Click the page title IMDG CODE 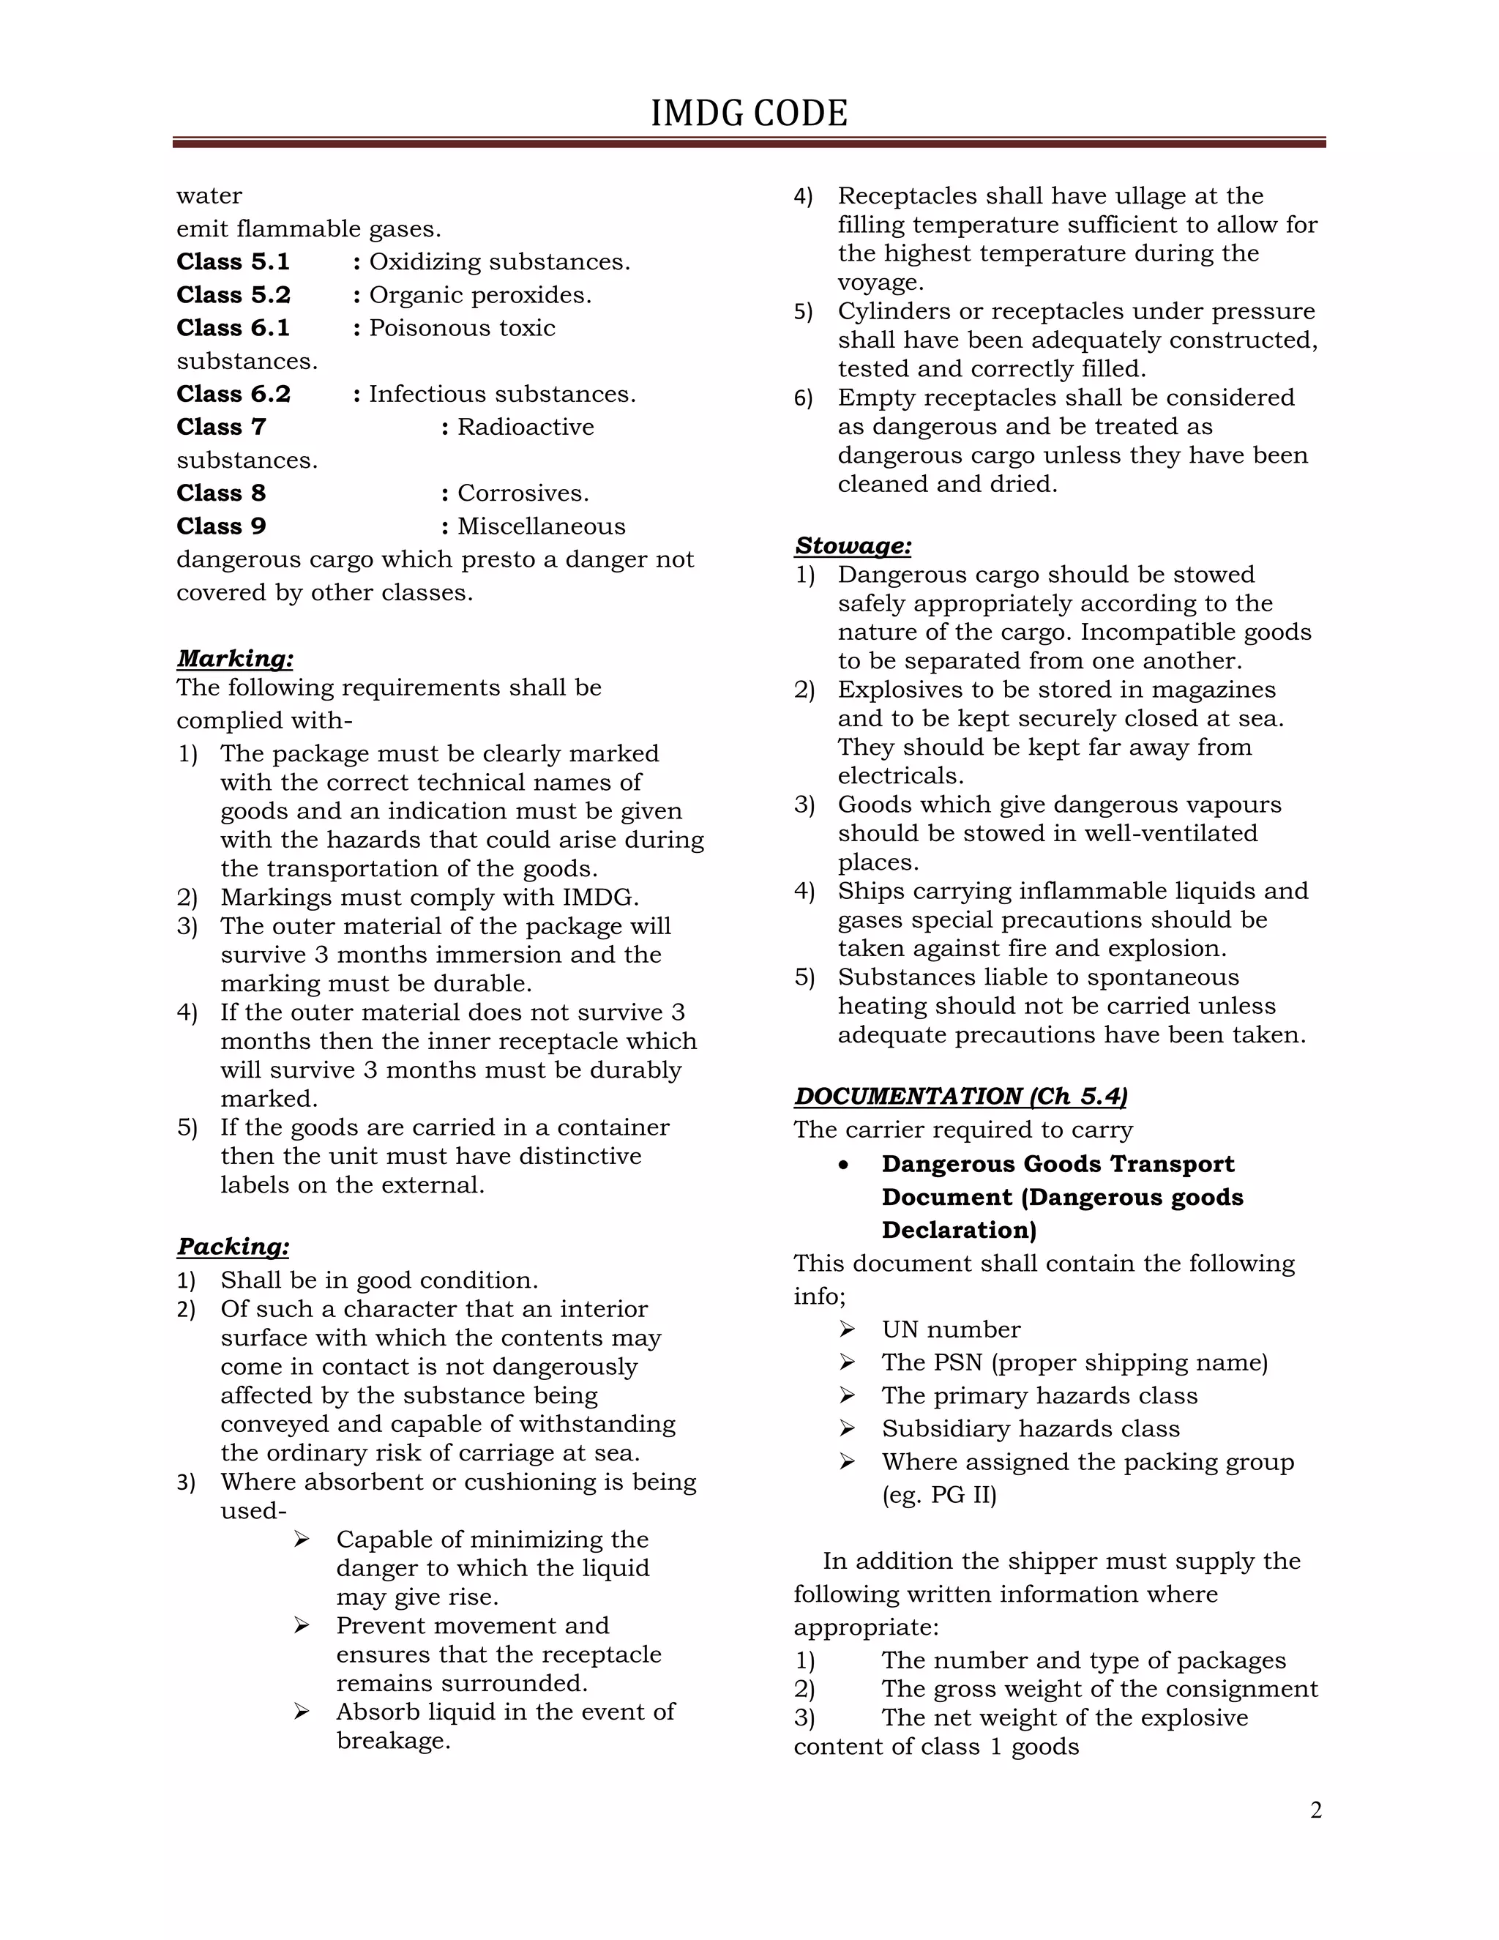749,113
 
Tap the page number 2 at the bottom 1315,1810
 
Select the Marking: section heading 234,658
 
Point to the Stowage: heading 853,545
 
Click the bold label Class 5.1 233,262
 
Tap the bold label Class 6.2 233,395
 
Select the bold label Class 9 221,527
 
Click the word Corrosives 523,494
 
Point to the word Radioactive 526,428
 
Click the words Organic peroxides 479,295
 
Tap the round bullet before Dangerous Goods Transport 845,1165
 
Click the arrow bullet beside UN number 846,1329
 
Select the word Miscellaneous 541,527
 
